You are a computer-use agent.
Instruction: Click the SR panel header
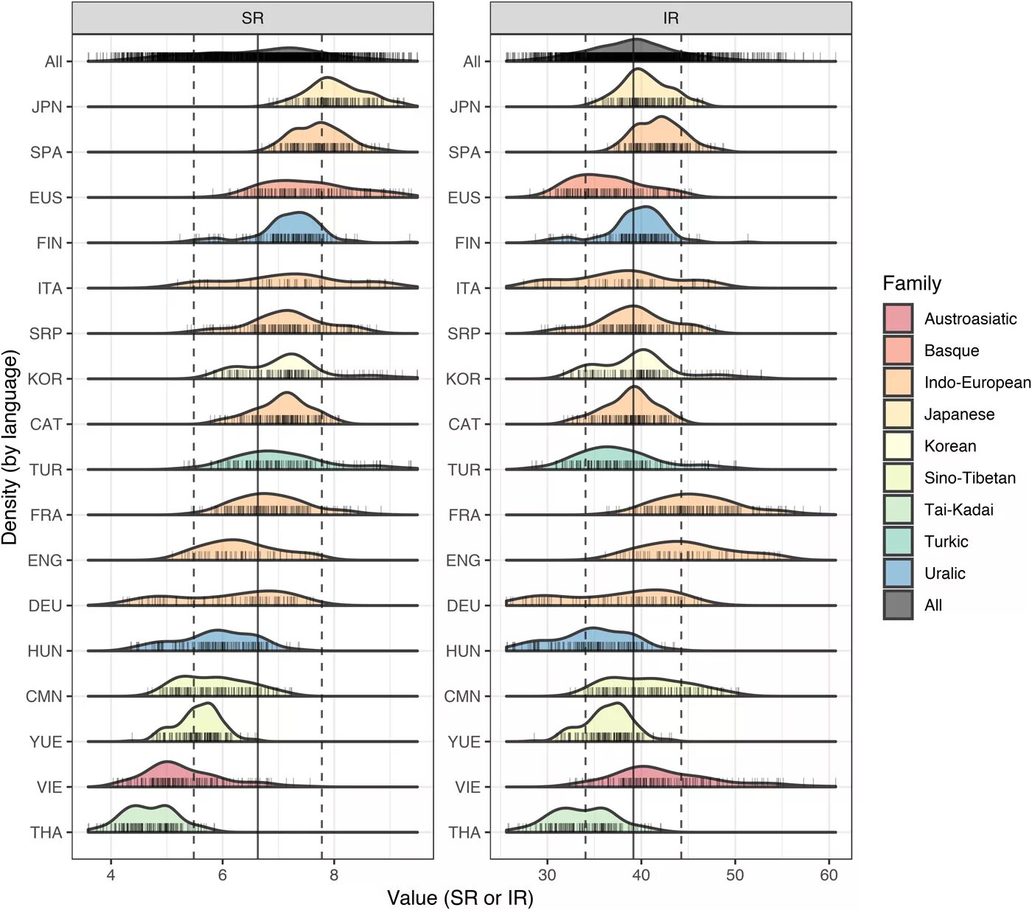[252, 18]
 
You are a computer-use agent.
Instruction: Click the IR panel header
[670, 18]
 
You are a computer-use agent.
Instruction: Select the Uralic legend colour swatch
[898, 573]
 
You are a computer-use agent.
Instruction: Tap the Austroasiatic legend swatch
[898, 319]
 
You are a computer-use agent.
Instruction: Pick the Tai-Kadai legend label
[958, 510]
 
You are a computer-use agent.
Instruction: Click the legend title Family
[912, 283]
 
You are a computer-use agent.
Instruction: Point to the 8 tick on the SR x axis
[334, 875]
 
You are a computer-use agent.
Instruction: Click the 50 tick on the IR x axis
[735, 875]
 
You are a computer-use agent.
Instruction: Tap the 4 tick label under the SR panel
[111, 875]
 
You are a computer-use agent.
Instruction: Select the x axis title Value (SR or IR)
[460, 897]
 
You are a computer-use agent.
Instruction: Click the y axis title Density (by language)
[10, 448]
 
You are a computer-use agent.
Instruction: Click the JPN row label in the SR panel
[47, 107]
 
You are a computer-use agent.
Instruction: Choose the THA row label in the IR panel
[464, 833]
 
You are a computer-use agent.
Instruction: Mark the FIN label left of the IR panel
[467, 243]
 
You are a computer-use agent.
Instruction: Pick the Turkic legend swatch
[898, 541]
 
